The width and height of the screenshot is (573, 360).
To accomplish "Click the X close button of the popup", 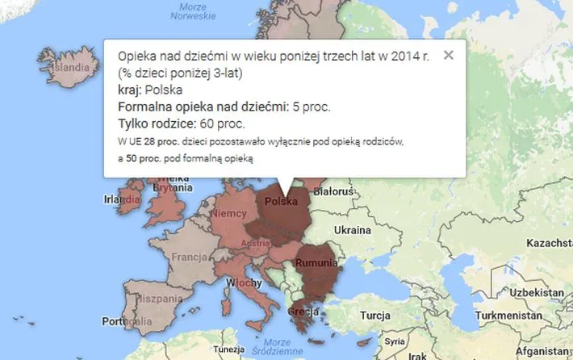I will point(449,56).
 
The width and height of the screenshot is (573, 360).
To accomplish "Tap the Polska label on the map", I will point(281,201).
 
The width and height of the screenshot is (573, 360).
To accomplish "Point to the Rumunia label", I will point(316,263).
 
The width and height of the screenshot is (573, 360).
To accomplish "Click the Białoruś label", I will point(333,192).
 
